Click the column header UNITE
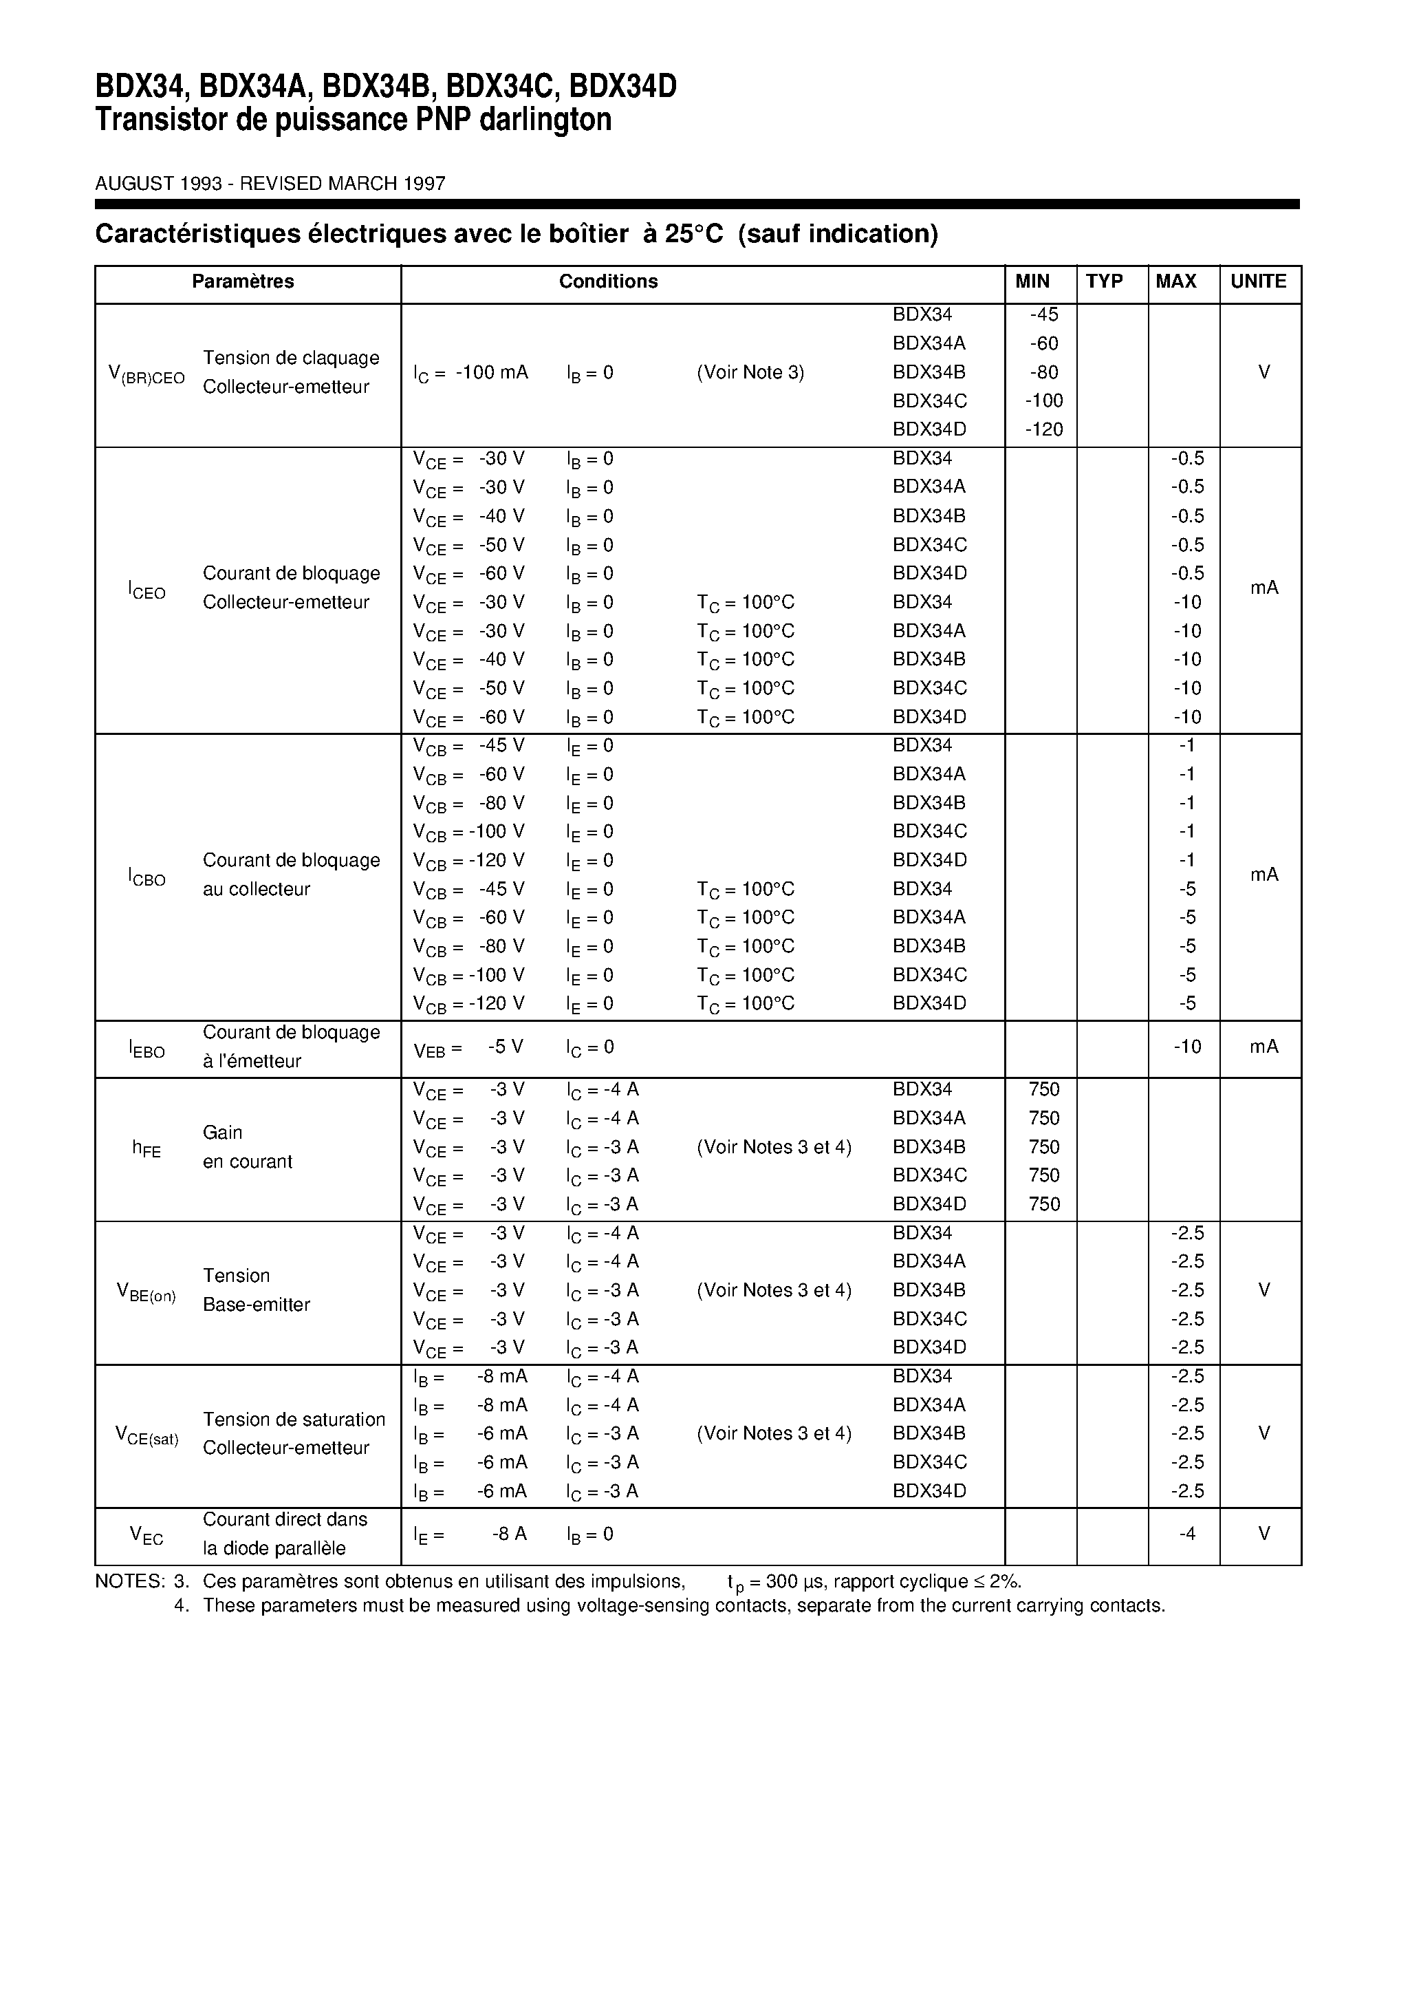[1258, 281]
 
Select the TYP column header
[1104, 281]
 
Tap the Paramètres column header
[243, 281]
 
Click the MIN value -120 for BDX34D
[1043, 429]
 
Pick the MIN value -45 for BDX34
[1043, 314]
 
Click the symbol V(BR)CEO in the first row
[147, 374]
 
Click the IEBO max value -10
[1187, 1047]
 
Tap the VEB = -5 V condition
[468, 1048]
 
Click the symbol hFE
[147, 1148]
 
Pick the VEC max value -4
[1187, 1534]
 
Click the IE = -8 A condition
[470, 1534]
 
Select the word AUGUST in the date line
[134, 183]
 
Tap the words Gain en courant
[247, 1147]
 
